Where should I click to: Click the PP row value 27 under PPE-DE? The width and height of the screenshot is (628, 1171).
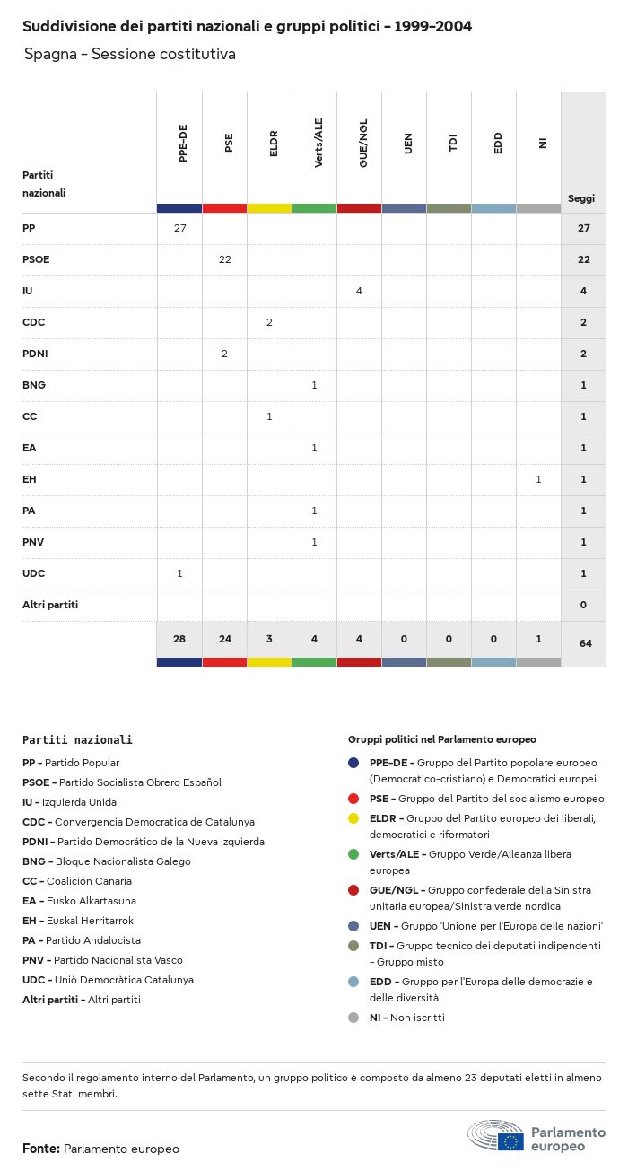pos(179,228)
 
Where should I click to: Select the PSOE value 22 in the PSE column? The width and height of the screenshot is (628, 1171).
pos(224,259)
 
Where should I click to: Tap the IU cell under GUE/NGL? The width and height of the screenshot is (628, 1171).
pos(359,291)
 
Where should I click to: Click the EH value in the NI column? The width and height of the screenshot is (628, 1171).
pos(538,479)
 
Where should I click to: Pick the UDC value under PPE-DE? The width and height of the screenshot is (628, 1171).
pos(179,573)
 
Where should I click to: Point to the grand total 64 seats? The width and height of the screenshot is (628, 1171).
pos(583,643)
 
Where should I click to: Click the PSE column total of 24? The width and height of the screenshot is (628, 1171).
pos(224,639)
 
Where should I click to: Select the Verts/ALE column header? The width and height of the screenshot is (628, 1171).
pos(318,144)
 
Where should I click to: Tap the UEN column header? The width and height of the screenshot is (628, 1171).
pos(408,144)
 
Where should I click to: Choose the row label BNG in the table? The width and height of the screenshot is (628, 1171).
pos(34,385)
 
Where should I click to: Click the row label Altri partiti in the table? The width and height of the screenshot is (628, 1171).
pos(50,605)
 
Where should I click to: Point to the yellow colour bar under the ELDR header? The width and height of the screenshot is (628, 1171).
pos(269,208)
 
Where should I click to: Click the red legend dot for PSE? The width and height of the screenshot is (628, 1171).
pos(353,799)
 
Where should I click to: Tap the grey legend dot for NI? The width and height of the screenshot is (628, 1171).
pos(353,1018)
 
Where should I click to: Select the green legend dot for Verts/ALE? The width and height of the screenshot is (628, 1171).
pos(353,854)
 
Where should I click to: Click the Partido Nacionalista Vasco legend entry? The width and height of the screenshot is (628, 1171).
pos(102,960)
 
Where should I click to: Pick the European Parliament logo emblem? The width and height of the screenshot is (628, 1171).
pos(496,1136)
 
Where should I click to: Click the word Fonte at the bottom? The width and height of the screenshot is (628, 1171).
pos(41,1149)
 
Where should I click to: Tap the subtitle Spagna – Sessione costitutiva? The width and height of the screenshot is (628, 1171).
pos(130,55)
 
